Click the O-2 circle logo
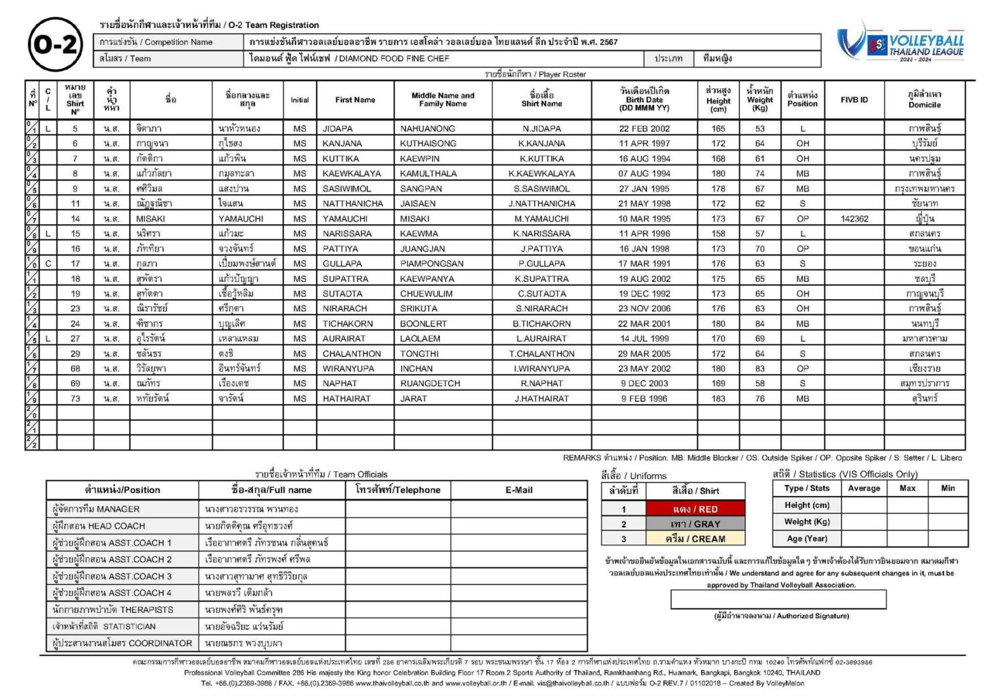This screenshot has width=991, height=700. pyautogui.click(x=56, y=45)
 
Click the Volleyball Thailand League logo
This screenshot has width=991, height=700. pyautogui.click(x=901, y=43)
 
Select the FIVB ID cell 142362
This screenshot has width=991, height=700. pyautogui.click(x=854, y=219)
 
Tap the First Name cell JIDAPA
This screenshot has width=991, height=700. pyautogui.click(x=337, y=128)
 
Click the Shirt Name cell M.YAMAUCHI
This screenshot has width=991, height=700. pyautogui.click(x=542, y=219)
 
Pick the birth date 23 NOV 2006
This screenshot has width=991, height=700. pyautogui.click(x=644, y=309)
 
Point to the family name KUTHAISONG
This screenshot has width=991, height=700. pyautogui.click(x=428, y=143)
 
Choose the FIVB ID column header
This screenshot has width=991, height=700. pyautogui.click(x=854, y=100)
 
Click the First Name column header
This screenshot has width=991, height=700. pyautogui.click(x=355, y=100)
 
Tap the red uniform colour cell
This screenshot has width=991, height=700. pyautogui.click(x=695, y=509)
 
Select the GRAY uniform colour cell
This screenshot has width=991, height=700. pyautogui.click(x=695, y=524)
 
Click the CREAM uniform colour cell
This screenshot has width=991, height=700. pyautogui.click(x=695, y=539)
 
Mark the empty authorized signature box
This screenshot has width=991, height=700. pyautogui.click(x=778, y=599)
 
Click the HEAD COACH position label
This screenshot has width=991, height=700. pyautogui.click(x=98, y=526)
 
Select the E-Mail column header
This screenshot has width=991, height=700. pyautogui.click(x=519, y=490)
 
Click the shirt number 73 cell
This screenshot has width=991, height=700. pyautogui.click(x=75, y=398)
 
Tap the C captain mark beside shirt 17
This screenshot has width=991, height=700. pyautogui.click(x=48, y=264)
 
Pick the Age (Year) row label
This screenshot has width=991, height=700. pyautogui.click(x=806, y=538)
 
